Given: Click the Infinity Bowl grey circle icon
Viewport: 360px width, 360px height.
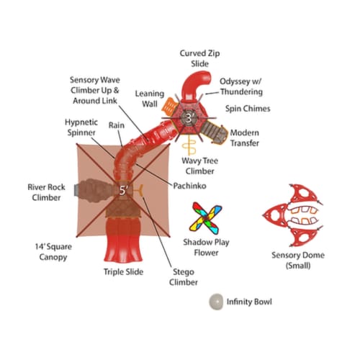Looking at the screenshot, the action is click(216, 302).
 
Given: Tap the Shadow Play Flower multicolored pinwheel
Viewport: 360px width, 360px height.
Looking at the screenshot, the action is click(206, 218).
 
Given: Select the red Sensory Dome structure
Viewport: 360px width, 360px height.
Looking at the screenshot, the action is click(293, 215).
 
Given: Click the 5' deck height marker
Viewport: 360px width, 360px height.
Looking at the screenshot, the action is click(123, 190).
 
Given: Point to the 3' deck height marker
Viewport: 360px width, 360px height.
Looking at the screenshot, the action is click(189, 118).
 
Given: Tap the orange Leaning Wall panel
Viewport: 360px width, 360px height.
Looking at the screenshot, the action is click(169, 107).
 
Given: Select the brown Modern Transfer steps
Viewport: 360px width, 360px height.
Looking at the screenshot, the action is click(215, 133).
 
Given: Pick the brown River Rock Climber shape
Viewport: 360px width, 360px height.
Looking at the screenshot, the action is click(95, 190).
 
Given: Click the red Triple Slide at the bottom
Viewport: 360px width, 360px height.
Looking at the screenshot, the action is click(124, 240).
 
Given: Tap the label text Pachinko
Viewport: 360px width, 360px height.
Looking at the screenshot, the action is click(189, 186).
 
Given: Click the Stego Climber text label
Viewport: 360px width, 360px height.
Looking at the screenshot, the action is click(184, 277).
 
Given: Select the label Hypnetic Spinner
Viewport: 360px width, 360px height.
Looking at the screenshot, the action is click(81, 127).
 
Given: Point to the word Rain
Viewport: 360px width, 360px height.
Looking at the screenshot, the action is click(117, 125).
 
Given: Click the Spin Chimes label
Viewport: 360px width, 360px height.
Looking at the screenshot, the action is click(248, 109).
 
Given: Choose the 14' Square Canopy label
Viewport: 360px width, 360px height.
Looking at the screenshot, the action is click(53, 252).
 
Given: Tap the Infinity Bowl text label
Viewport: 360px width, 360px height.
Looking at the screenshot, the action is click(249, 302).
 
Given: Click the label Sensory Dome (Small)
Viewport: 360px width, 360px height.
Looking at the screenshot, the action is click(298, 260).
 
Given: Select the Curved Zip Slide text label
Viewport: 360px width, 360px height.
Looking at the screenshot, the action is click(199, 58).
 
